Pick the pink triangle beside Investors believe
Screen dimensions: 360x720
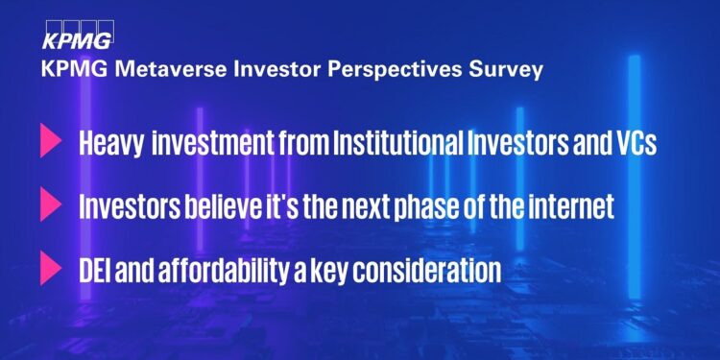tap(50, 205)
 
